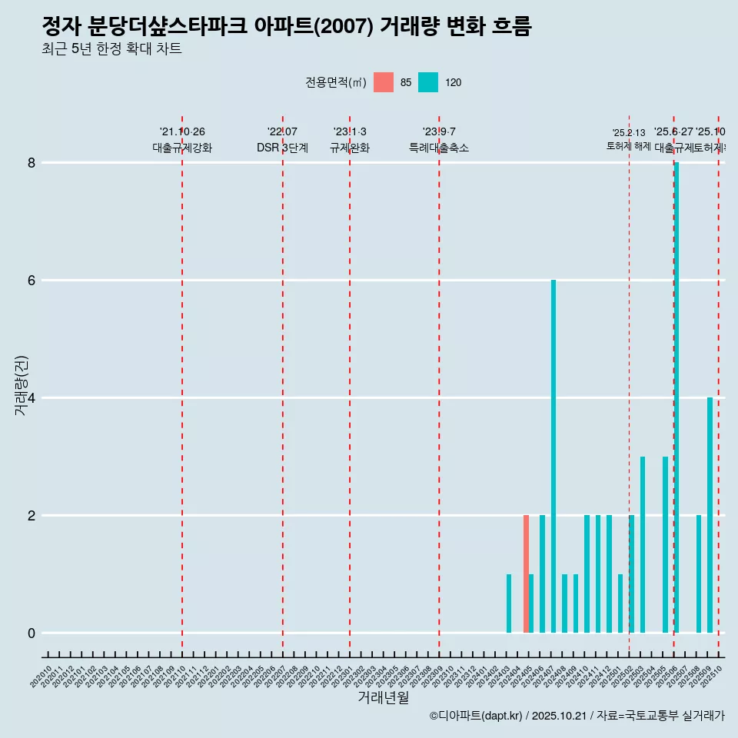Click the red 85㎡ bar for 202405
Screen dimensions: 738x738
click(526, 573)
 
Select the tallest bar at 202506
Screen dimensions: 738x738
click(676, 397)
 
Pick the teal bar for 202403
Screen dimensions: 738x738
click(509, 603)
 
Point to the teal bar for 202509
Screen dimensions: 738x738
click(710, 515)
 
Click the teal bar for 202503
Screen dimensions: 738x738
click(643, 544)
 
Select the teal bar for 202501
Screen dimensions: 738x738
click(620, 603)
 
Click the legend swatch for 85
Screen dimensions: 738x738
click(384, 82)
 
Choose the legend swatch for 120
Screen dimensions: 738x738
click(428, 82)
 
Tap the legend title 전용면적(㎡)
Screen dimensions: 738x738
click(335, 82)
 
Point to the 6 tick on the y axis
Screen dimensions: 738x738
click(32, 281)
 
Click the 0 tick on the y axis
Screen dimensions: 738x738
click(32, 633)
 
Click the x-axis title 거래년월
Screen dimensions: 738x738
click(383, 698)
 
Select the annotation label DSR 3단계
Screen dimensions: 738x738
click(282, 148)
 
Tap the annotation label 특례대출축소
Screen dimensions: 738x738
click(438, 148)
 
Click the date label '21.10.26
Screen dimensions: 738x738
click(182, 131)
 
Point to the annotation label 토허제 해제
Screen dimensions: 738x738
click(628, 146)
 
